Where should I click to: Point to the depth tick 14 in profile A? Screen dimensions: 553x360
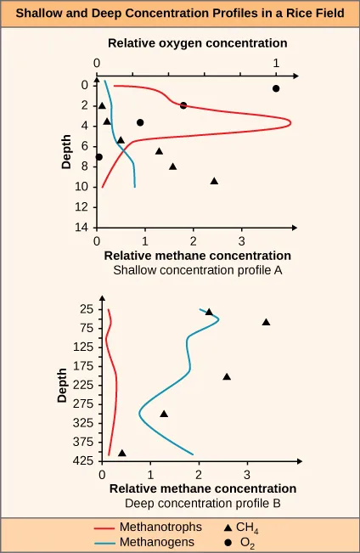click(x=83, y=228)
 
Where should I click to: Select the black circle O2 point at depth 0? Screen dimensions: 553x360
click(x=276, y=88)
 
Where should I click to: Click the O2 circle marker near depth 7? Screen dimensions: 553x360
click(x=99, y=156)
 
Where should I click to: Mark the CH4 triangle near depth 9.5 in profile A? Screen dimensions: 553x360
click(x=214, y=181)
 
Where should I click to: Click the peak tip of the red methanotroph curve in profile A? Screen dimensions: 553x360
click(x=291, y=123)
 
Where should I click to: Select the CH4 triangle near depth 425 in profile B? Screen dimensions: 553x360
click(x=122, y=454)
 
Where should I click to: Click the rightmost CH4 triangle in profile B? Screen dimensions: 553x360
click(x=266, y=322)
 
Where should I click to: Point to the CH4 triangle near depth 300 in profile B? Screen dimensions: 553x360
click(x=164, y=414)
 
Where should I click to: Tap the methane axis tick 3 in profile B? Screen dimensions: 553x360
click(x=247, y=474)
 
